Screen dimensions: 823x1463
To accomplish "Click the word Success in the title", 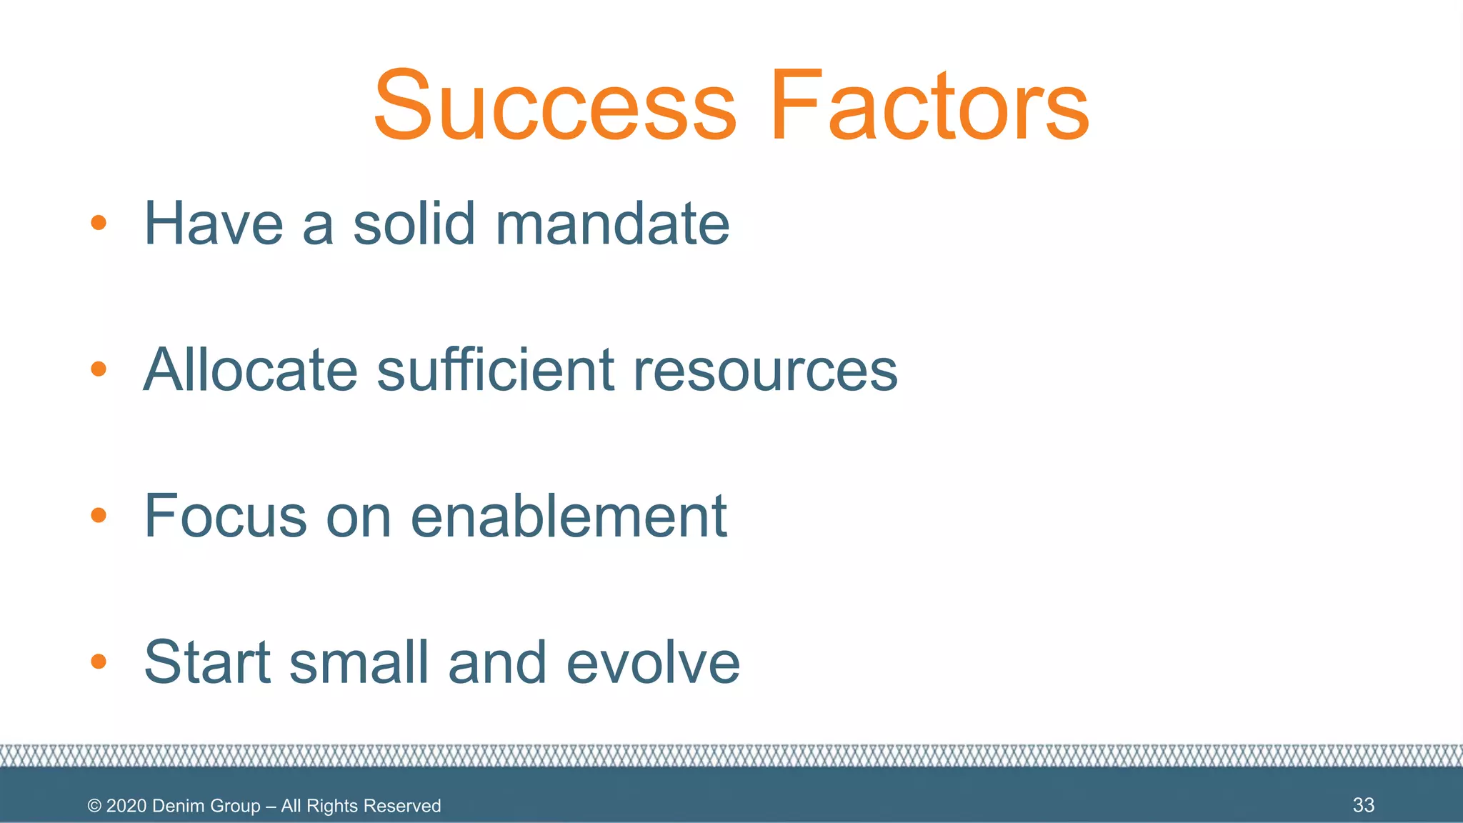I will point(554,106).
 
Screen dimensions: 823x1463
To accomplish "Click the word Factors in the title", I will point(929,106).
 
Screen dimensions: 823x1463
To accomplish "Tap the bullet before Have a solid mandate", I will point(99,223).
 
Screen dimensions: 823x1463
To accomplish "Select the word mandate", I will point(612,224).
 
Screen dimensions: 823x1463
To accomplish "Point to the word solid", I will point(414,224).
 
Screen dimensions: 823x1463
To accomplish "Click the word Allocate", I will point(250,370).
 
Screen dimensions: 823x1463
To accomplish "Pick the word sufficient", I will point(495,370).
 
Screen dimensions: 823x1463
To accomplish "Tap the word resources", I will point(765,370).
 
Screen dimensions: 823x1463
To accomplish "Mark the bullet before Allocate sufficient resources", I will point(99,369).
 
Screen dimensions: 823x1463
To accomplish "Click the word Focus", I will point(225,516).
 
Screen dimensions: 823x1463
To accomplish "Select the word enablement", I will point(569,516).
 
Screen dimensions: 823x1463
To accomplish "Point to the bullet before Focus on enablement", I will point(99,515).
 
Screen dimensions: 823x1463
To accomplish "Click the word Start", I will point(207,662).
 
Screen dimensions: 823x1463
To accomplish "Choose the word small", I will point(359,662).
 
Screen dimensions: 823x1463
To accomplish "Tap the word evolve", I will point(653,662).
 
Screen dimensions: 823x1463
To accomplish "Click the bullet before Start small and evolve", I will point(99,662).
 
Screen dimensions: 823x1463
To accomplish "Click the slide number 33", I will point(1363,805).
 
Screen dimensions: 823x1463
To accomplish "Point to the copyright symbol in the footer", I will point(94,806).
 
